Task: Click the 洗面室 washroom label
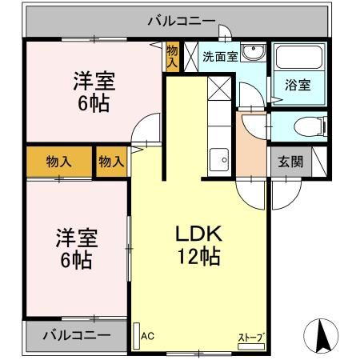click(x=219, y=57)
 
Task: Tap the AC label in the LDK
click(x=148, y=336)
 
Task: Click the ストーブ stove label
click(x=250, y=337)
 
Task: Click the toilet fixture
click(x=307, y=126)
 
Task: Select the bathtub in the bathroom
click(x=299, y=59)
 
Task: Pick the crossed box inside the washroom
click(x=192, y=56)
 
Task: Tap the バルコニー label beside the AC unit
click(x=75, y=334)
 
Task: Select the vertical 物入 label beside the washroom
click(x=173, y=56)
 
